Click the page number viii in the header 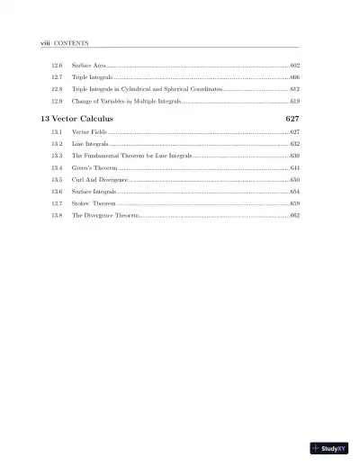pyautogui.click(x=33, y=42)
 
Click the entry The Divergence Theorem pyautogui.click(x=105, y=216)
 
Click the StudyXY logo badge pyautogui.click(x=329, y=448)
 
